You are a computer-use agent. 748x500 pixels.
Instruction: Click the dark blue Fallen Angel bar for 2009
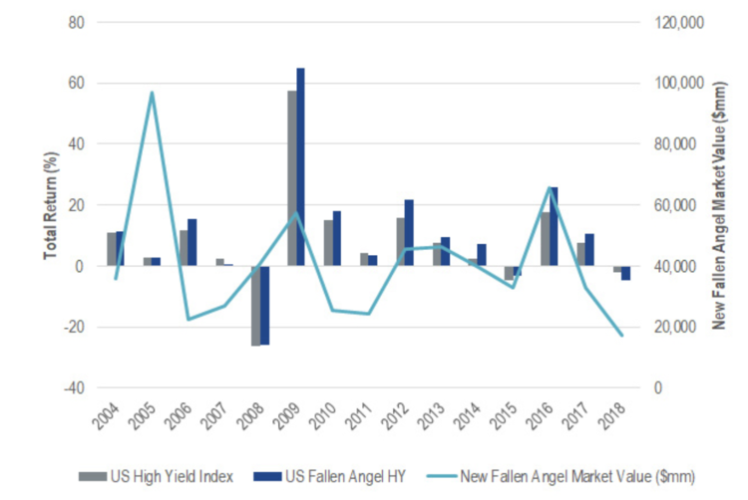click(300, 166)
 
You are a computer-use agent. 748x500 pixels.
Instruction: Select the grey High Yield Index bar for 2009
click(291, 178)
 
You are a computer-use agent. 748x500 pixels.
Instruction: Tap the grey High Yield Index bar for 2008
click(256, 306)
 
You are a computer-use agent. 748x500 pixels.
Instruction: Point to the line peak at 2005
click(152, 93)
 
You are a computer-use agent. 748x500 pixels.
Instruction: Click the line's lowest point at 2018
click(623, 336)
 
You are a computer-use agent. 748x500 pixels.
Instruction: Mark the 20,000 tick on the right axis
click(674, 328)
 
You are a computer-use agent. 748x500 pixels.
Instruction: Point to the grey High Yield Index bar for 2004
click(111, 249)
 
